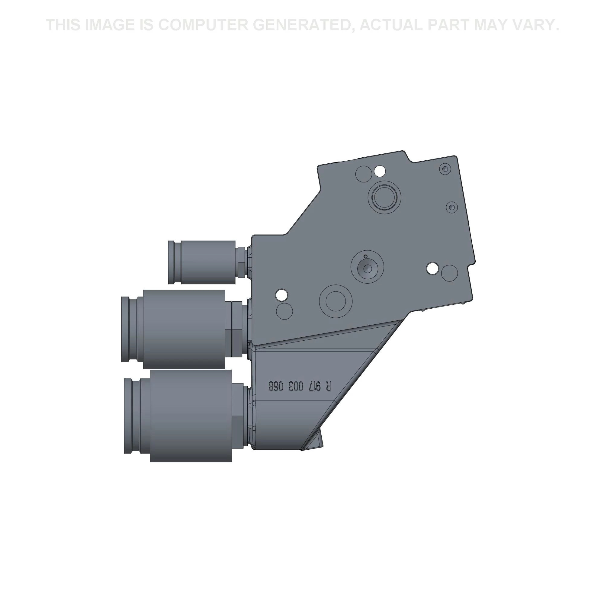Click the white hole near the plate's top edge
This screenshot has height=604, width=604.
point(380,171)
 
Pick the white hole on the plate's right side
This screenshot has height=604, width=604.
point(433,268)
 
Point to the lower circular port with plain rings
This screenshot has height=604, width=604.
point(336,301)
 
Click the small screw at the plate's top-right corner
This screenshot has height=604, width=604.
point(445,169)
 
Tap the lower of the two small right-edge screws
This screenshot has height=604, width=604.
point(451,207)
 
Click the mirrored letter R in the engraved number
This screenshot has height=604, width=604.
point(328,387)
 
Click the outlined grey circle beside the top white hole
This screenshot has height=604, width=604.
point(364,174)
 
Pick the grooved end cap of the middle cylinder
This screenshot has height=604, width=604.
point(129,329)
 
